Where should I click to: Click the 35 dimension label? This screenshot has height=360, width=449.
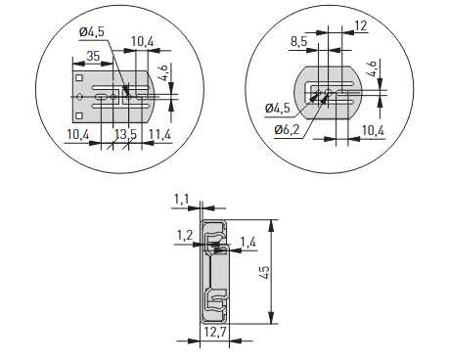(93, 56)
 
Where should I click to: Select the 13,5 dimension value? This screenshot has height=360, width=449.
(125, 134)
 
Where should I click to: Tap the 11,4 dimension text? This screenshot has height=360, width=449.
(159, 134)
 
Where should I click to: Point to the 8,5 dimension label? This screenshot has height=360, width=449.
(298, 42)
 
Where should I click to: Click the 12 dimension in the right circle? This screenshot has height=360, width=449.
(361, 25)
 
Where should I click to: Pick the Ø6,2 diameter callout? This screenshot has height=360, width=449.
(287, 130)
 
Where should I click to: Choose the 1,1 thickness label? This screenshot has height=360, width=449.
(182, 199)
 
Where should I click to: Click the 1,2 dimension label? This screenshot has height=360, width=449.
(185, 235)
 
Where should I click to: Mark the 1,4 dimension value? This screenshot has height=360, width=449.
(248, 243)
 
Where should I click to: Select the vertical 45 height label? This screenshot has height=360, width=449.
(265, 272)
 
